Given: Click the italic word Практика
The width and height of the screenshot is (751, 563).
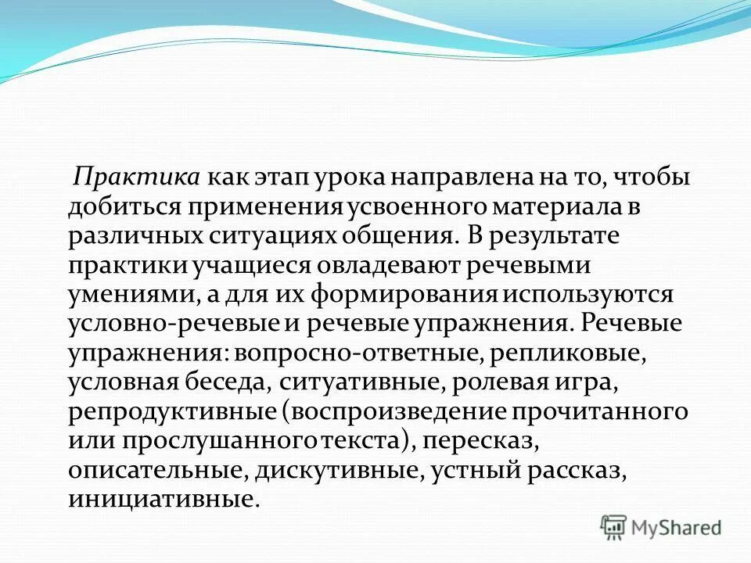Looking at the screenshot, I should pos(137,178).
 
